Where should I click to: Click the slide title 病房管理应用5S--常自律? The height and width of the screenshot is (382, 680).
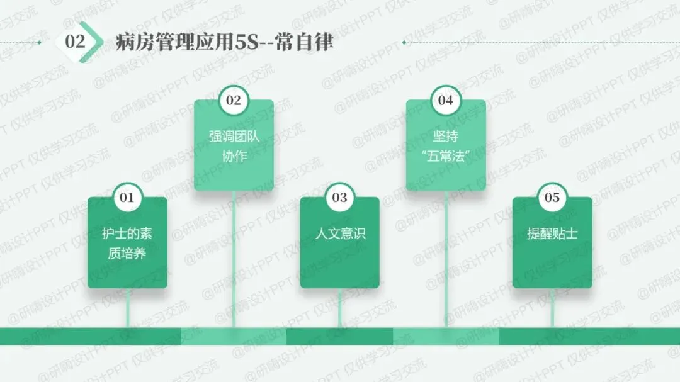point(224,42)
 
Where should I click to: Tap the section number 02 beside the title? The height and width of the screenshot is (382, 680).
point(75,42)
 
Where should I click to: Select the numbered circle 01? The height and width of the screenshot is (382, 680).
point(127,197)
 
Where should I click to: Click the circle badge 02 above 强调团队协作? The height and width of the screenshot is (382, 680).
point(234,100)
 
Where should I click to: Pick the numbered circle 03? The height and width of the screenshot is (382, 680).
point(339,198)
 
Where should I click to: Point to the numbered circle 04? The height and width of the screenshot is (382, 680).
point(446,100)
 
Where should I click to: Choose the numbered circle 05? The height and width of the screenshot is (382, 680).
point(552,198)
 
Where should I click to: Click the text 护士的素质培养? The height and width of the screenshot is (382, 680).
point(127,244)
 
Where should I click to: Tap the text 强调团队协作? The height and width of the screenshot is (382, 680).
point(234,146)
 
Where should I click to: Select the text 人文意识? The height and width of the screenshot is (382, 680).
point(340,234)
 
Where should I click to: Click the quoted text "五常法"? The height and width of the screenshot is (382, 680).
point(446,155)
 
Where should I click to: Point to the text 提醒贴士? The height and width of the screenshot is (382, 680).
point(552,234)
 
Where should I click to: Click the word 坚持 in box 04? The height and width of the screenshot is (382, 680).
point(446,137)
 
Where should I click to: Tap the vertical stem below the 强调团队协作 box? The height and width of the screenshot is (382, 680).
point(234,258)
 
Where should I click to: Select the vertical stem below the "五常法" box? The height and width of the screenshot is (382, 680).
point(446,258)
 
